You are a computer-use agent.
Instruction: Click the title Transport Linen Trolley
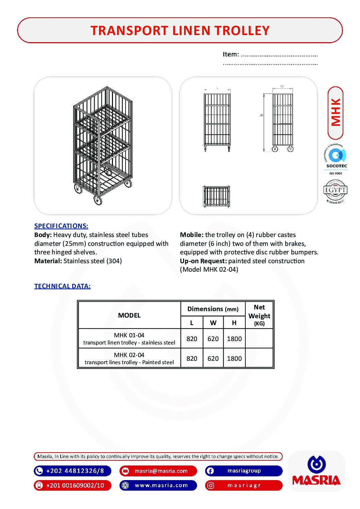180,31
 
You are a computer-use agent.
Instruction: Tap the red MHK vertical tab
335,113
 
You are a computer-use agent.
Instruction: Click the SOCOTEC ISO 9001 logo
336,159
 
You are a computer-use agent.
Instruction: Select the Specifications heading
61,226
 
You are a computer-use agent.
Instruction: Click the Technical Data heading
62,286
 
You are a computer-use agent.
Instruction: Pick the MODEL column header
129,315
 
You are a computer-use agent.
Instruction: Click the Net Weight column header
259,315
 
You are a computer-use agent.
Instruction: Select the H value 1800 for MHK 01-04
234,339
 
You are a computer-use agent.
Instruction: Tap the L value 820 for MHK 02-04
192,358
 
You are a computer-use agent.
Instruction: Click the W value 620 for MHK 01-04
213,339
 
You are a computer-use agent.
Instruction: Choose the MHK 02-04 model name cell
129,358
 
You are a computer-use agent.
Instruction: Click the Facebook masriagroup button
244,471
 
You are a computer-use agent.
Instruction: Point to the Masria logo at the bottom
316,471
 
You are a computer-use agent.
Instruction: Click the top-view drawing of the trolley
216,196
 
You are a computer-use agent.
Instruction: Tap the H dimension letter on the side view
262,115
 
